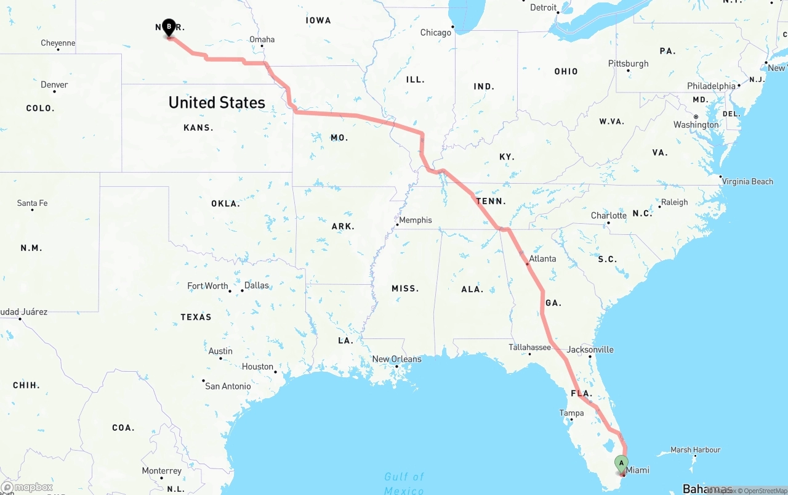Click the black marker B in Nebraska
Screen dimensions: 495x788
169,27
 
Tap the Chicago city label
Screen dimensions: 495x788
436,33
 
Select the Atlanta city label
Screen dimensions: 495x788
542,258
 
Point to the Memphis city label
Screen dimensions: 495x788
416,220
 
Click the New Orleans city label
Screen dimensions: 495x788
397,359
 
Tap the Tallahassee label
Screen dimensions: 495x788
529,348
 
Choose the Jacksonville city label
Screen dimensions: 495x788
590,350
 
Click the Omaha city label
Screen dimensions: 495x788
262,39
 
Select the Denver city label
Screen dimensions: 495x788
54,84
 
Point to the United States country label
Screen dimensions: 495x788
217,102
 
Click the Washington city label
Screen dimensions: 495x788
696,125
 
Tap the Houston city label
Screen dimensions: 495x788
257,366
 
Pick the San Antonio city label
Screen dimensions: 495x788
228,386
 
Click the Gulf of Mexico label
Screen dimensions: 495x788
404,483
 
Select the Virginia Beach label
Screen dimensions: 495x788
747,181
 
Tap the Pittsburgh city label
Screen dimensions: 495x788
628,63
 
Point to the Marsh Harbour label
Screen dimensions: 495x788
695,450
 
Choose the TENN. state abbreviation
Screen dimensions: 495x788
491,201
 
